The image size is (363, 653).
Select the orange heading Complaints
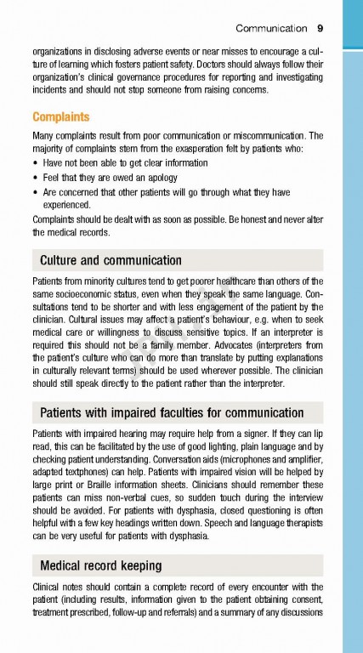click(60, 116)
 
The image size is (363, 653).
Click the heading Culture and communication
click(111, 260)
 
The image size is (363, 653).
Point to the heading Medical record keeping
click(101, 565)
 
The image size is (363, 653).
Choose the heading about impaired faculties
click(172, 413)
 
